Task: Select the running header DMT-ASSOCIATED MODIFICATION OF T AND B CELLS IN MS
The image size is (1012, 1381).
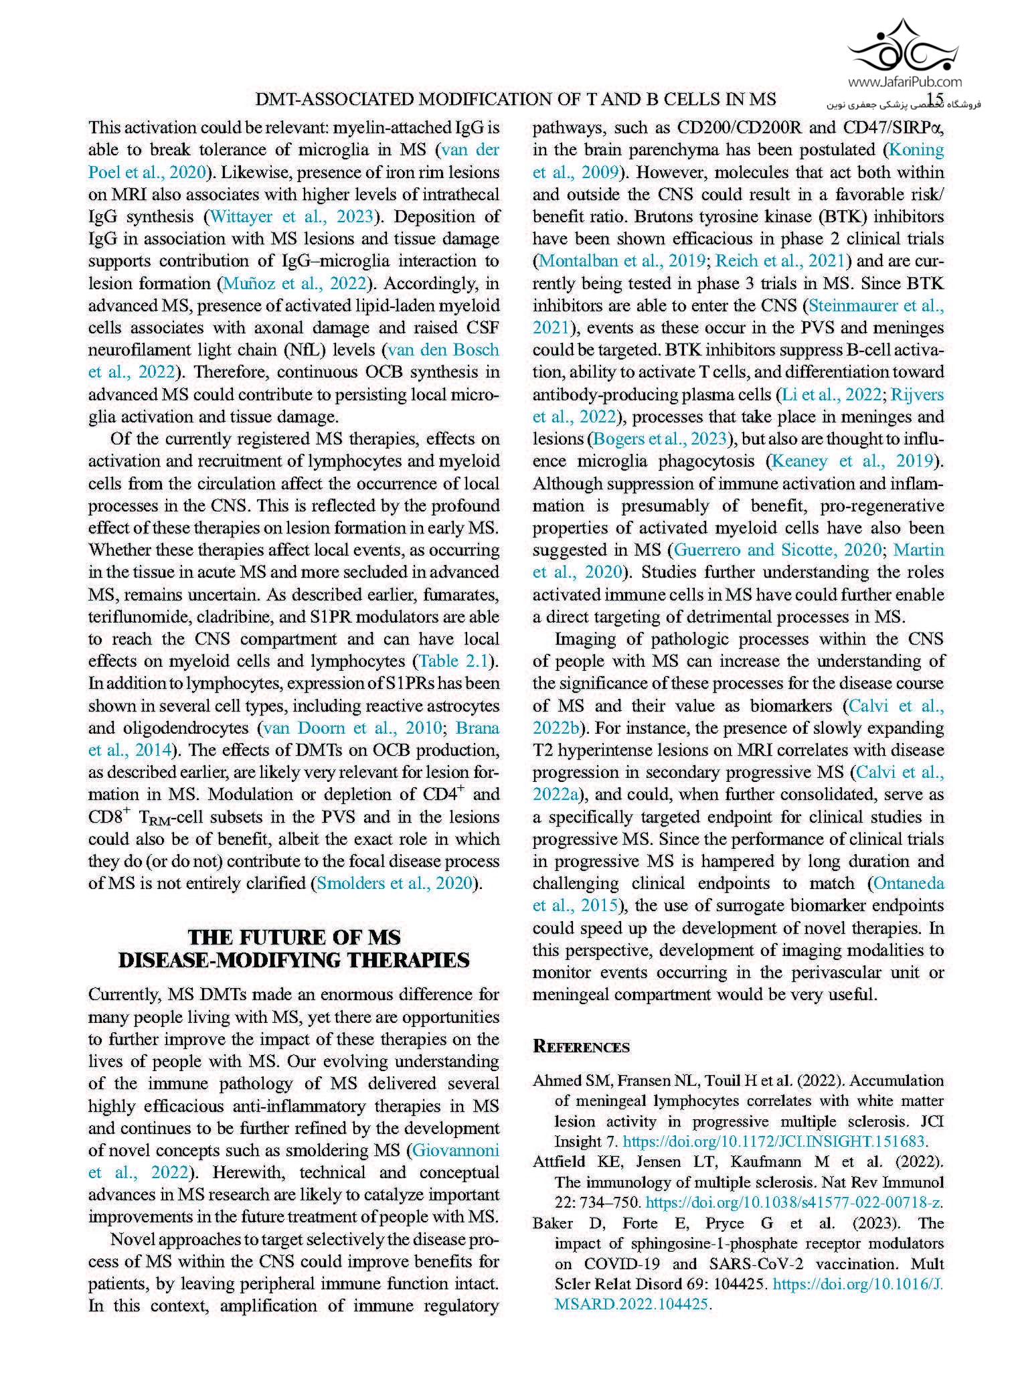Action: click(x=516, y=100)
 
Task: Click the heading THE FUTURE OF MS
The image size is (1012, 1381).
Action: click(x=294, y=937)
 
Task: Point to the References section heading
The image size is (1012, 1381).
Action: click(x=581, y=1047)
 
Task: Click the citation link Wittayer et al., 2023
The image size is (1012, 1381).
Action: click(x=292, y=216)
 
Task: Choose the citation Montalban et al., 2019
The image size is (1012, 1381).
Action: click(x=621, y=261)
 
